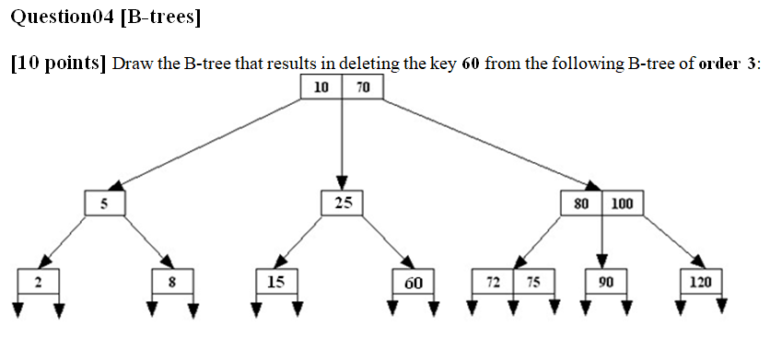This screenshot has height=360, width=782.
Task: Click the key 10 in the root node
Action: [321, 87]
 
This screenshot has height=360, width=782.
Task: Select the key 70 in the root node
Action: [362, 87]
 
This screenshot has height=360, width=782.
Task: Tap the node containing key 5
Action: [105, 203]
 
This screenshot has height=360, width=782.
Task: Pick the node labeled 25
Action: [343, 203]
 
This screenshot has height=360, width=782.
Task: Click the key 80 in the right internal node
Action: [581, 203]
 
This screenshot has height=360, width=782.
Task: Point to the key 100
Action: [623, 203]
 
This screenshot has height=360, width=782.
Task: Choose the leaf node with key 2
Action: [38, 282]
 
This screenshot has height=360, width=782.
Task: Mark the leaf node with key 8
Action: [172, 282]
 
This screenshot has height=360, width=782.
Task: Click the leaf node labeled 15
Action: [276, 282]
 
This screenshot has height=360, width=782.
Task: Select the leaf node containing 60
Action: [412, 282]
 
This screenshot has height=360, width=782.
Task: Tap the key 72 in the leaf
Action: [494, 282]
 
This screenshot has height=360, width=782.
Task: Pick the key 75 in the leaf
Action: [533, 282]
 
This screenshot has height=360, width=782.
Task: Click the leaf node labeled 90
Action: [605, 282]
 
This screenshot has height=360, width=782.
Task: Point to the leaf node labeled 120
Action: [700, 282]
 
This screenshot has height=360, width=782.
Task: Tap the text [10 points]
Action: [58, 64]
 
